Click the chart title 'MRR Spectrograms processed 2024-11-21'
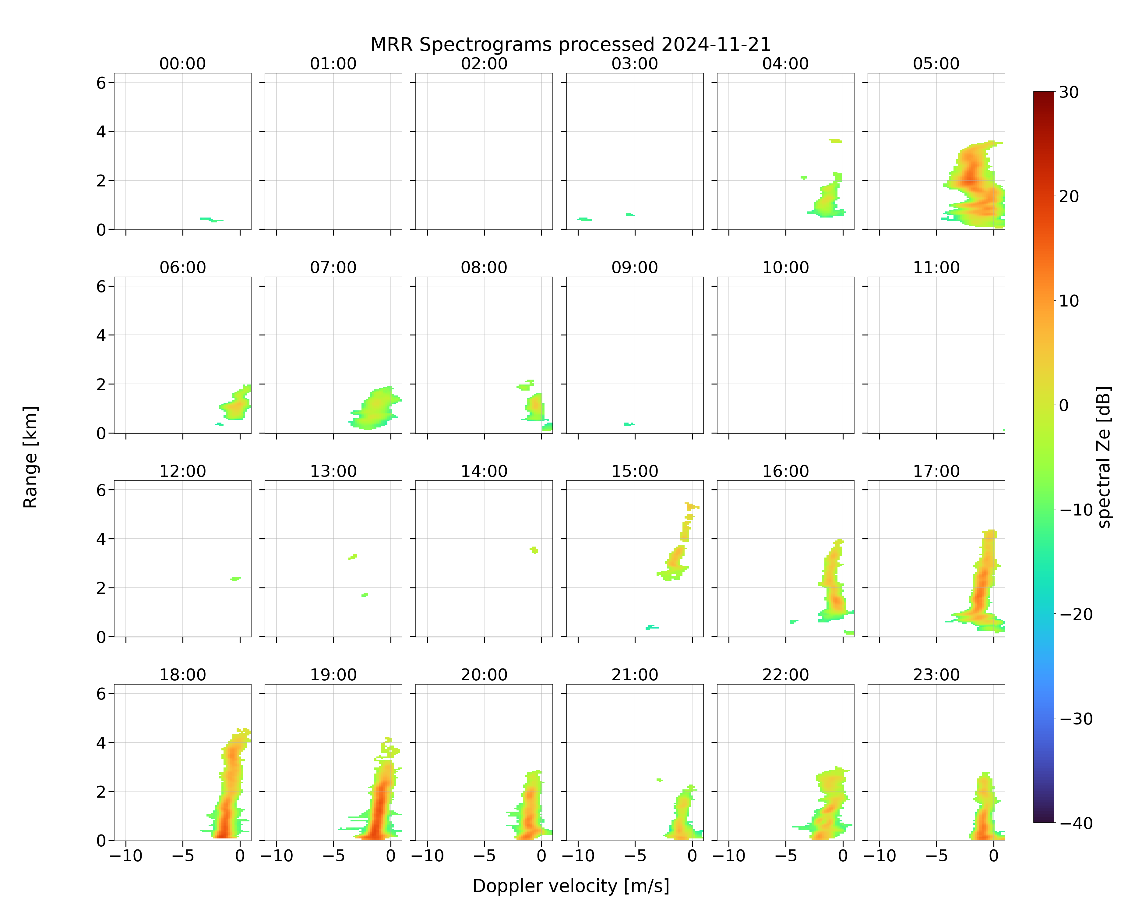tap(570, 44)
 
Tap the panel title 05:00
tap(936, 64)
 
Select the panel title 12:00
tap(183, 471)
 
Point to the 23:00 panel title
tap(936, 675)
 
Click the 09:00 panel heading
tap(635, 267)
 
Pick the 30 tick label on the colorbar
tap(1069, 92)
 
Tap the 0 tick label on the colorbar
tap(1064, 405)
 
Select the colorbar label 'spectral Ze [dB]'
tap(1104, 457)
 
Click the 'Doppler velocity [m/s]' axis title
tap(570, 886)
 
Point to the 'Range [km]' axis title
tap(30, 457)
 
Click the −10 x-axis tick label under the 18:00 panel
tap(125, 856)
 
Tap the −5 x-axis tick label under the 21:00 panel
tap(635, 856)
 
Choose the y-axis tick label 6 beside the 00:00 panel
tap(101, 83)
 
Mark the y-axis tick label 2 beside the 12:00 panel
tap(101, 588)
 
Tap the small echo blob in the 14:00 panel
tap(534, 550)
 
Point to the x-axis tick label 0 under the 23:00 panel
tap(994, 856)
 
